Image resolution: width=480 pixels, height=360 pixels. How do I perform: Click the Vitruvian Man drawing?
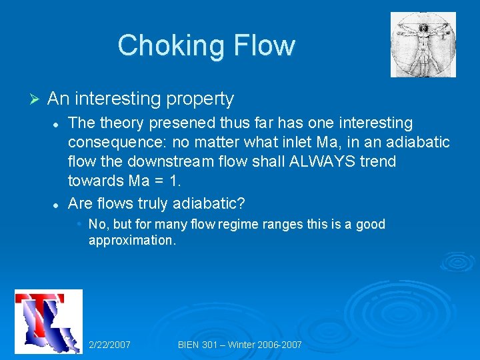[x=423, y=45]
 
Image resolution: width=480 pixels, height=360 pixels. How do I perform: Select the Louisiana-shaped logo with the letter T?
[x=49, y=321]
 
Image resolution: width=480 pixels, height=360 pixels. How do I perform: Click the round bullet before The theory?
[x=57, y=124]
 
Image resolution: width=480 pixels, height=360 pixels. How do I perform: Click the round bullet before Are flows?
[x=57, y=201]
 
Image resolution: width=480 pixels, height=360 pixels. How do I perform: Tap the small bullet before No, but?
[x=79, y=224]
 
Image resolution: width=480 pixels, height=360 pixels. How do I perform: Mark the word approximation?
[x=132, y=240]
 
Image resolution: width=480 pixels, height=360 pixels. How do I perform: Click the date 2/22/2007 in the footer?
[x=109, y=345]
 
